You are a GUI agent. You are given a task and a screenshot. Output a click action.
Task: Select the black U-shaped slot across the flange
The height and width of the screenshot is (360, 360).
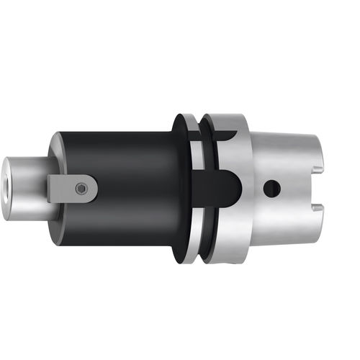[x=220, y=189]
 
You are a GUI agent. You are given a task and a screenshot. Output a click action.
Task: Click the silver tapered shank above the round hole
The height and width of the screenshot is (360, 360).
[x=281, y=155]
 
